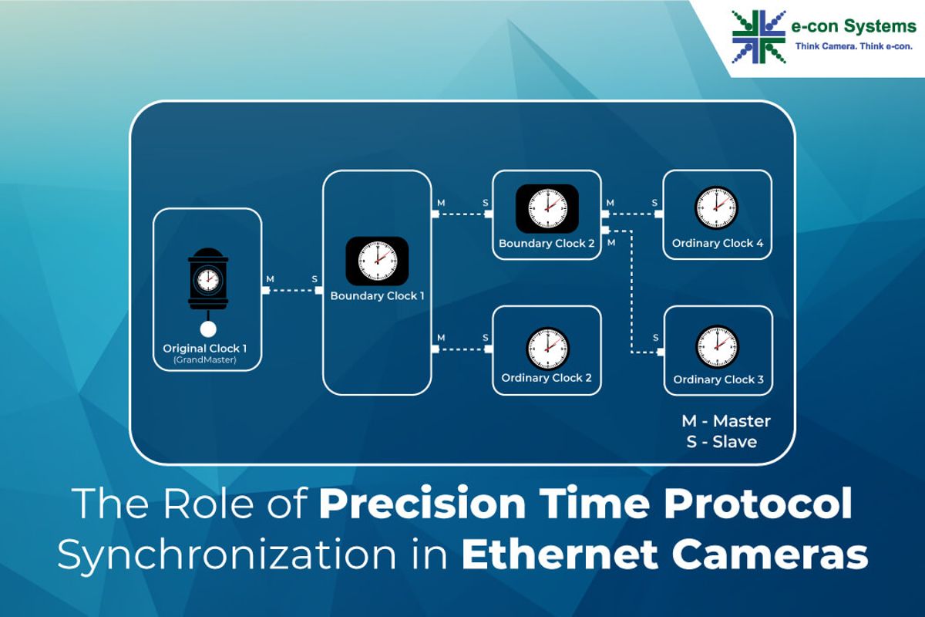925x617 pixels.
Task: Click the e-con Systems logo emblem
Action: [x=758, y=37]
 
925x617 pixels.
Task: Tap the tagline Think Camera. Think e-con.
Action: [x=853, y=46]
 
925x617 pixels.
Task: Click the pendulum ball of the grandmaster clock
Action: [x=208, y=329]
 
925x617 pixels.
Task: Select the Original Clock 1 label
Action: [x=205, y=349]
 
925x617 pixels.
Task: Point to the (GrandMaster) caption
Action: [x=205, y=360]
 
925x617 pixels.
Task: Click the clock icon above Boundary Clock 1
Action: [x=377, y=261]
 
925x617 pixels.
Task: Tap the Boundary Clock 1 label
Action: [x=377, y=296]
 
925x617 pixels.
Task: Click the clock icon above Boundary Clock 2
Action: [x=547, y=209]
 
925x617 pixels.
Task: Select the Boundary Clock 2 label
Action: [x=547, y=244]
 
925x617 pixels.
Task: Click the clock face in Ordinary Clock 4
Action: [x=716, y=207]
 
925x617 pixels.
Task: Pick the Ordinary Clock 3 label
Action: [x=718, y=379]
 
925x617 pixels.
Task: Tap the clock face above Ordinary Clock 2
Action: [x=547, y=349]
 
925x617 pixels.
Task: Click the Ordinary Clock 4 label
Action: [x=718, y=244]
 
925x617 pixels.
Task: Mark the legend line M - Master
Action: [x=726, y=421]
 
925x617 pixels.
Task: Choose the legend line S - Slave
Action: [x=721, y=442]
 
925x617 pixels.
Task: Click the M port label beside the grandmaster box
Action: [x=270, y=279]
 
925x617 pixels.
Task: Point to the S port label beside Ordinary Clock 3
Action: [x=656, y=338]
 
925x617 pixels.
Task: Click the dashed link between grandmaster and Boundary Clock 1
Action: [x=292, y=291]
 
